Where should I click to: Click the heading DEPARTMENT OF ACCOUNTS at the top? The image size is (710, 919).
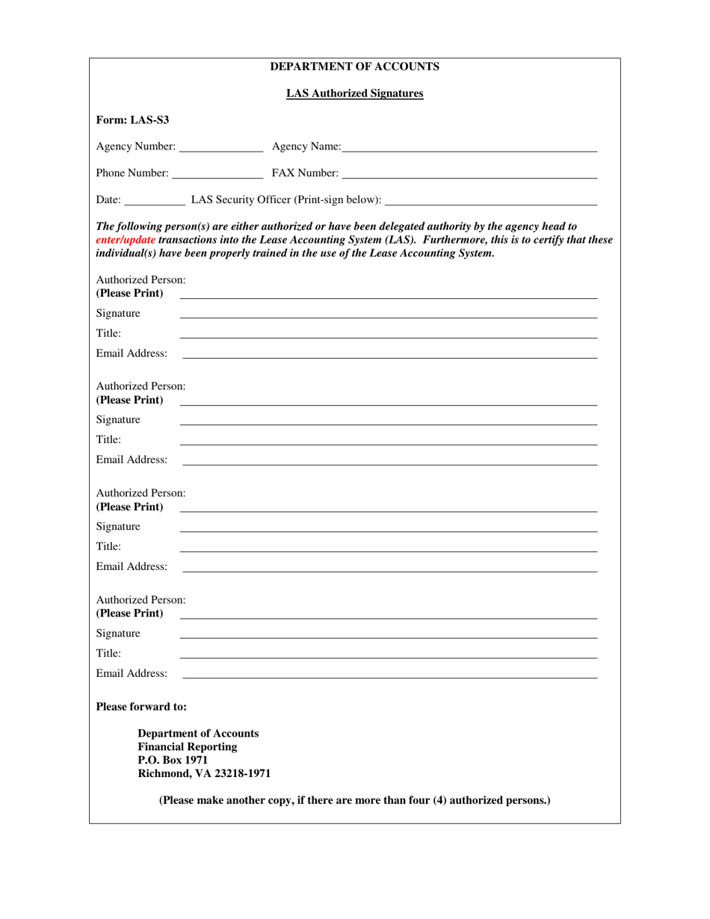(x=354, y=67)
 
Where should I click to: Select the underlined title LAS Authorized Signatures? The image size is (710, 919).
(x=354, y=93)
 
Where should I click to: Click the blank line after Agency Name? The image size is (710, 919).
(x=469, y=146)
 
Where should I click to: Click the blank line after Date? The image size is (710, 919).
(x=155, y=199)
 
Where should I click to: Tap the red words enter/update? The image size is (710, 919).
(x=126, y=239)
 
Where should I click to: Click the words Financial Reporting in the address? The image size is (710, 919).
(x=188, y=746)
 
